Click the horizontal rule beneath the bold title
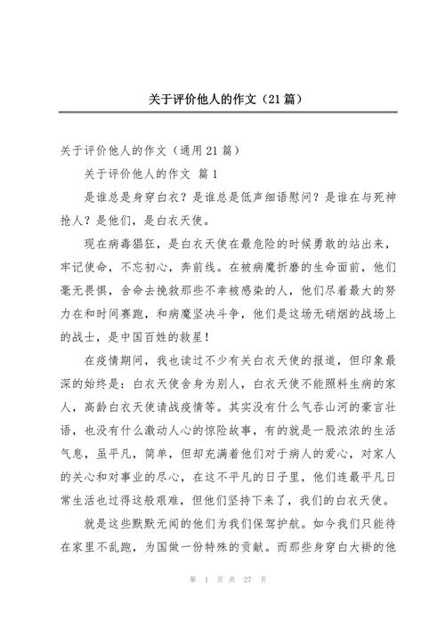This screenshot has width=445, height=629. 222,112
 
